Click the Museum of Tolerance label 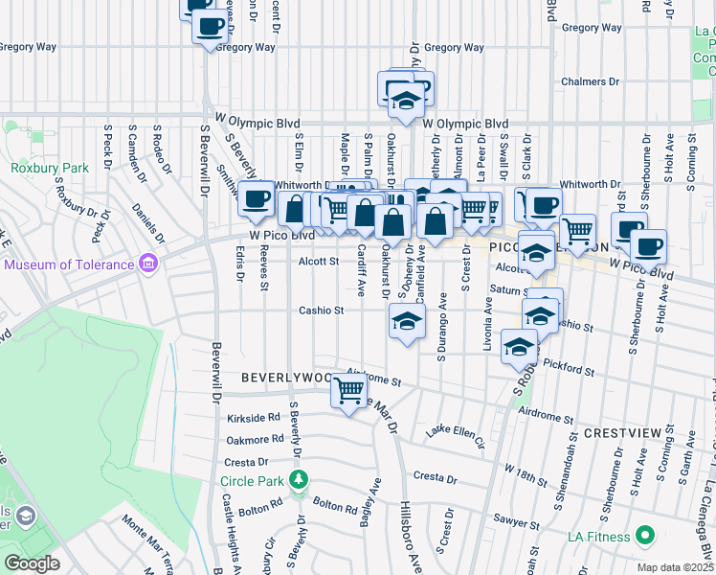pos(70,264)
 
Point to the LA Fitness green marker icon pos(645,535)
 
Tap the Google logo pos(32,563)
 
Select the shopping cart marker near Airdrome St pos(349,389)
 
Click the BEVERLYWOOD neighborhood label pos(286,378)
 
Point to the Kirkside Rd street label pos(254,419)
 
